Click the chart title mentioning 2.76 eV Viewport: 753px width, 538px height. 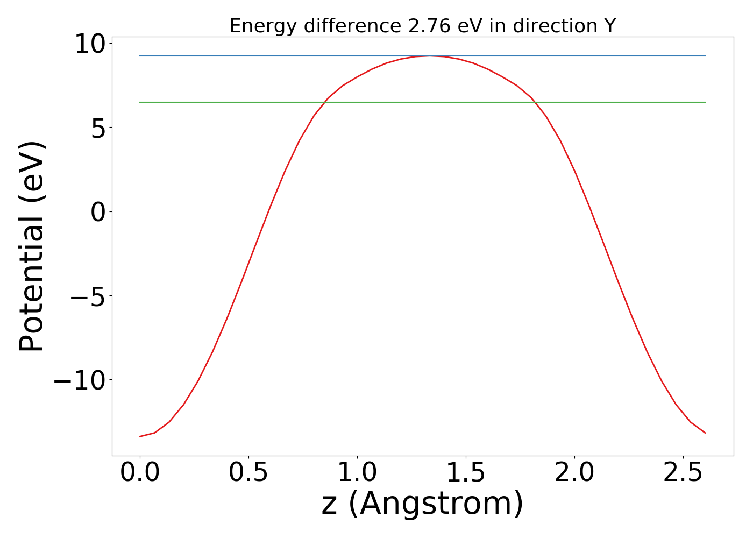[x=422, y=26]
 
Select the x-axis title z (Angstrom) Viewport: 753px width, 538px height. [x=422, y=504]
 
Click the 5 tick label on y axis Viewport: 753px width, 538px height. [x=98, y=128]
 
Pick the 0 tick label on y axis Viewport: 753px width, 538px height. [x=98, y=212]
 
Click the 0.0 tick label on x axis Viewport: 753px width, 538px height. [x=140, y=472]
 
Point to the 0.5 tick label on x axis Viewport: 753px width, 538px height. [x=248, y=472]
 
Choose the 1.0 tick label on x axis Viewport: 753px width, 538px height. [x=357, y=472]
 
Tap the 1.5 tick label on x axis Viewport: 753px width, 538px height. [x=466, y=472]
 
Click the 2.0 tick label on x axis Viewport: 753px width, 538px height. [x=574, y=472]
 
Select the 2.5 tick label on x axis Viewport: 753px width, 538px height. [x=683, y=472]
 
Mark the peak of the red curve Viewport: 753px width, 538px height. [x=429, y=55]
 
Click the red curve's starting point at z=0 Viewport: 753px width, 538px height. [x=140, y=436]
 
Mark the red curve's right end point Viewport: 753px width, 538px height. [x=705, y=433]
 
